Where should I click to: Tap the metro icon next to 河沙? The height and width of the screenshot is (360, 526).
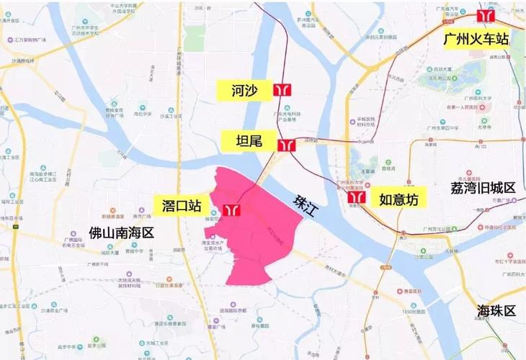[282, 91]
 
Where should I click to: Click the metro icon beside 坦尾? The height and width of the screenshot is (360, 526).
[286, 145]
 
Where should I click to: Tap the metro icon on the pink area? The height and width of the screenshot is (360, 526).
[232, 208]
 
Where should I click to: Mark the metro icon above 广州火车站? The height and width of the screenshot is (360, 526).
[489, 15]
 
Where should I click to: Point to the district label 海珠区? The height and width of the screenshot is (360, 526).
[496, 311]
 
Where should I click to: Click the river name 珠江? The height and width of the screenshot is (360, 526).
[306, 202]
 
